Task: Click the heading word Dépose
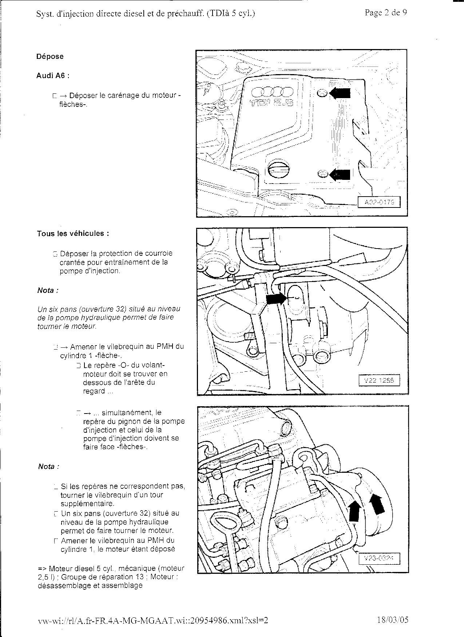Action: point(50,56)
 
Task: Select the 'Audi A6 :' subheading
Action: point(53,76)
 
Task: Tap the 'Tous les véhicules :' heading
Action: point(73,233)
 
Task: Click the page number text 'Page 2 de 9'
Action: point(386,13)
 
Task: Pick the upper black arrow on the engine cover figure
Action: point(340,93)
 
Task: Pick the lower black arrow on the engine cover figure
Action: point(340,175)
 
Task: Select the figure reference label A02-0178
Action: point(379,202)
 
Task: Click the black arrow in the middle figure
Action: point(276,299)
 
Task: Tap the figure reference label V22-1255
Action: point(379,380)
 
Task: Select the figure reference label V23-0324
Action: point(379,559)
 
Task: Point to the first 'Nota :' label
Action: point(48,290)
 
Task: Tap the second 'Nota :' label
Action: point(48,467)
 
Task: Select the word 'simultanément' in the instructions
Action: point(127,412)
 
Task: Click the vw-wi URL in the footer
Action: point(153,620)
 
